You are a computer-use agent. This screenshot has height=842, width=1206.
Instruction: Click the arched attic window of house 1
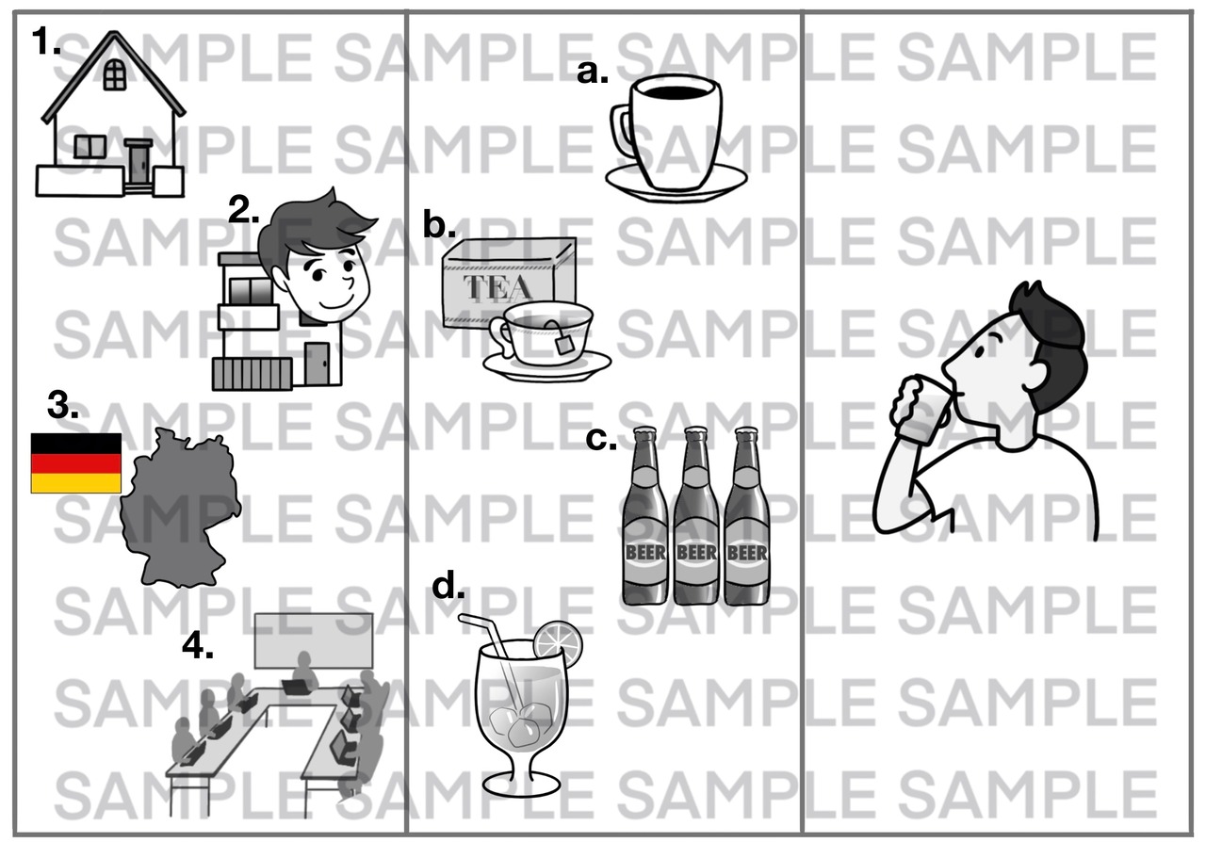(114, 73)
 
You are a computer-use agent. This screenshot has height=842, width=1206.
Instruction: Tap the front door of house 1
(139, 164)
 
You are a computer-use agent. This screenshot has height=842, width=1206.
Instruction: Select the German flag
(76, 463)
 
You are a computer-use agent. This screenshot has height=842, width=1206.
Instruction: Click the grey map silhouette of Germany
(180, 507)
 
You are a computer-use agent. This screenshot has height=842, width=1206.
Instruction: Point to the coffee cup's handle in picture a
(622, 131)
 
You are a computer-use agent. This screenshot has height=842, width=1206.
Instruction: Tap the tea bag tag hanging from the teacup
(563, 343)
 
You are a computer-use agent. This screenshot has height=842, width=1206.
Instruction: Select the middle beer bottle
(696, 516)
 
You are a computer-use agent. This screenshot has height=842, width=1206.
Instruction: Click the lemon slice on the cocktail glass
(559, 644)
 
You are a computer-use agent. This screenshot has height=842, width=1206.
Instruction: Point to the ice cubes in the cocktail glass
(518, 724)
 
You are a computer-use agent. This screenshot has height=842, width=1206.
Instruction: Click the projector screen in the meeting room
(314, 640)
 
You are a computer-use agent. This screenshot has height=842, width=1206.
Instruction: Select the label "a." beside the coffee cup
(593, 73)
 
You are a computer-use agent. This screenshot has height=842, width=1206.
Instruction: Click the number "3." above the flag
(62, 405)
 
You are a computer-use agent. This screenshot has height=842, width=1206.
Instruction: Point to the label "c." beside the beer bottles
(601, 439)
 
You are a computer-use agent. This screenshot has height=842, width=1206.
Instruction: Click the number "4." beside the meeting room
(198, 645)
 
